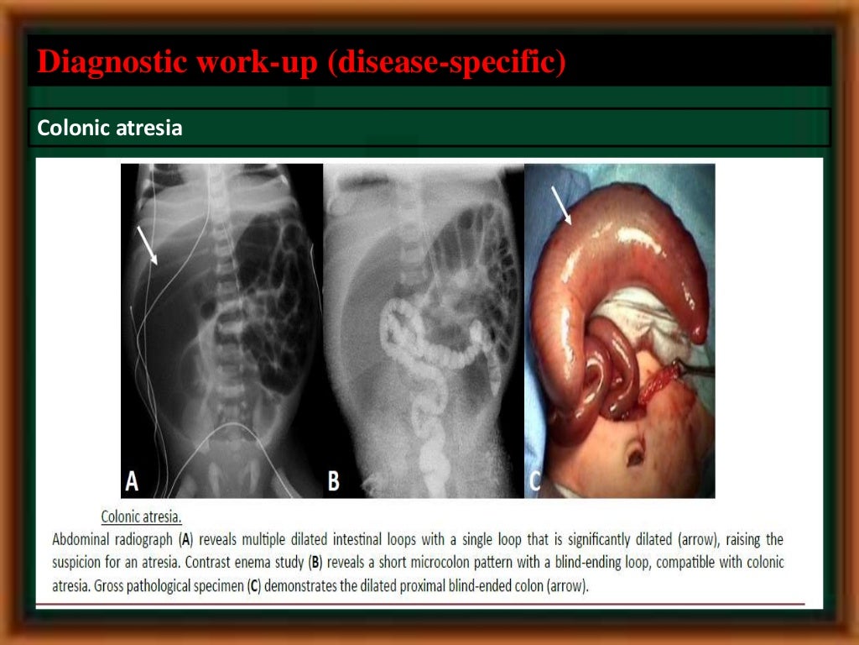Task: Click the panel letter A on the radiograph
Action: point(132,480)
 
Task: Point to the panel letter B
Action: point(334,481)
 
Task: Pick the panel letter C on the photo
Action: point(534,481)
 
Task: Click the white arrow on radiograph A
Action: point(147,244)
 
